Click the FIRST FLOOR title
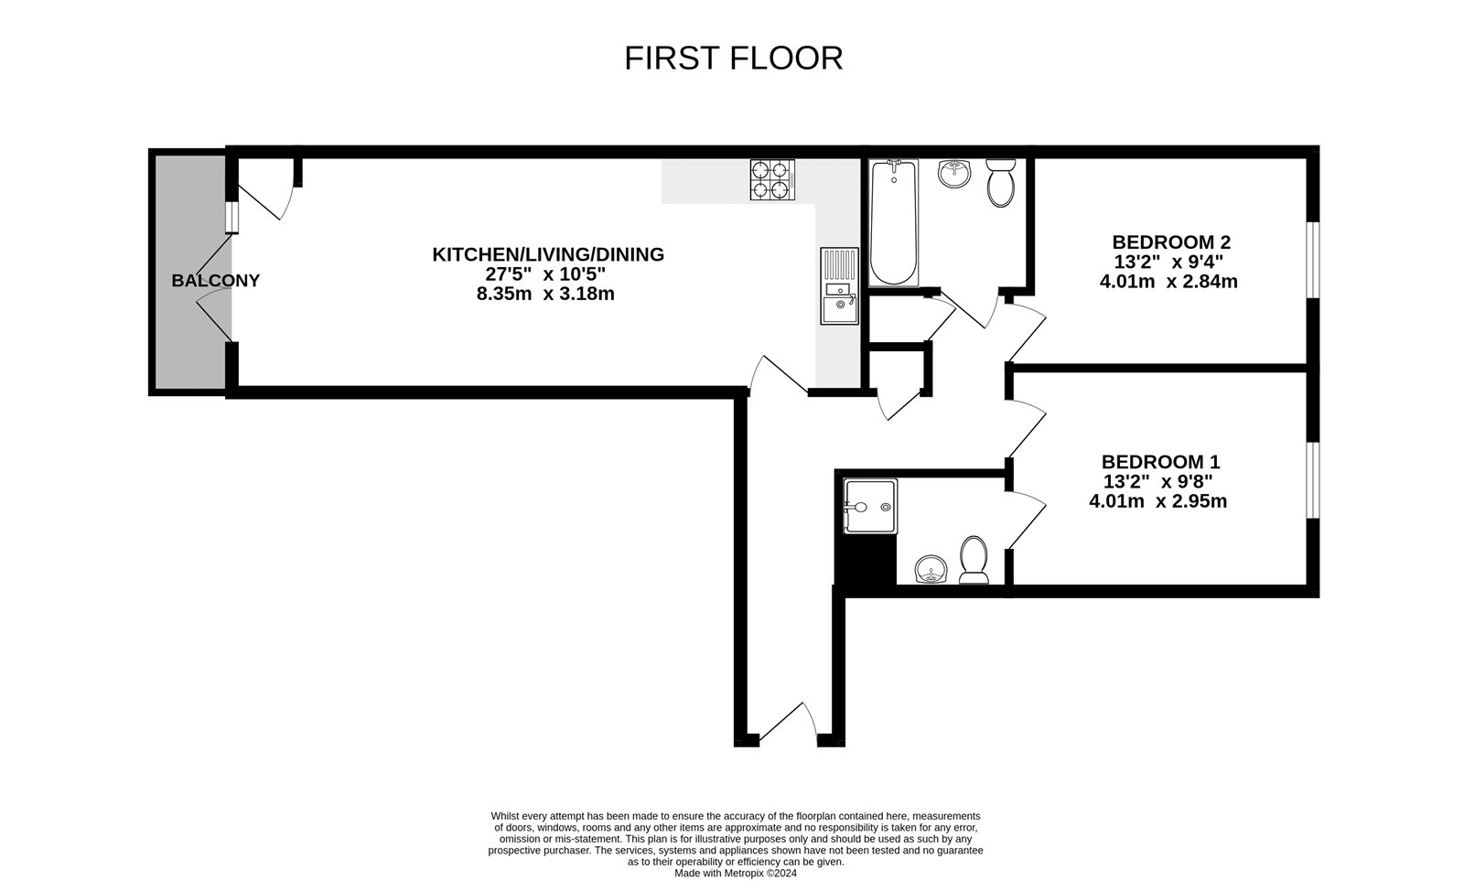point(733,59)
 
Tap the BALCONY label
point(216,280)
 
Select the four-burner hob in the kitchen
point(772,179)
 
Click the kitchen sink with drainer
point(840,285)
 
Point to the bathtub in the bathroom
point(893,223)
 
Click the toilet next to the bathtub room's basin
point(1001,183)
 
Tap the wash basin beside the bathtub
point(954,173)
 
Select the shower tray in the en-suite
point(870,506)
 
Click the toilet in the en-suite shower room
point(974,560)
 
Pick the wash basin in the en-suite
point(931,570)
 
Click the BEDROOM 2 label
point(1171,242)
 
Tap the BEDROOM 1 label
point(1161,462)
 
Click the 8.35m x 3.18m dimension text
point(545,294)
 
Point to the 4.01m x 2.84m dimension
point(1168,282)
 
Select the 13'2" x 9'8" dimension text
point(1158,481)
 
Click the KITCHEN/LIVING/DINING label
point(548,254)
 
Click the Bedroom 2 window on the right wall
point(1313,261)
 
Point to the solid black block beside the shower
point(866,560)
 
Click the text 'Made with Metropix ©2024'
point(736,874)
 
